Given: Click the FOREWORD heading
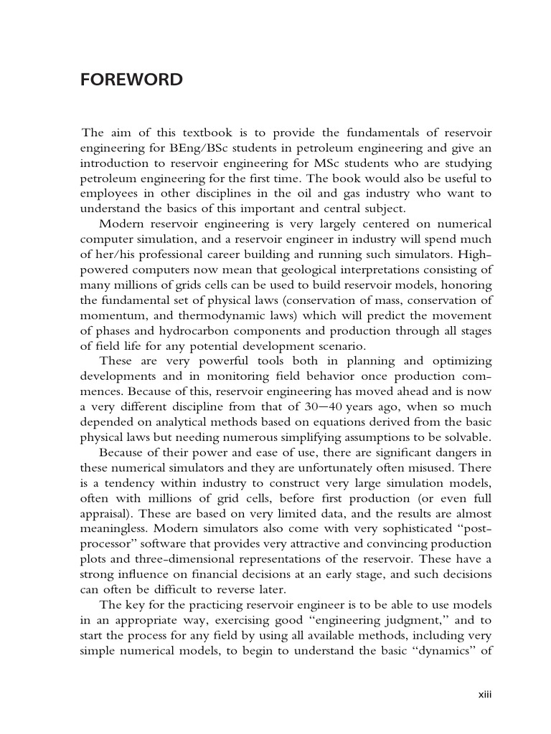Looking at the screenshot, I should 131,80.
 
